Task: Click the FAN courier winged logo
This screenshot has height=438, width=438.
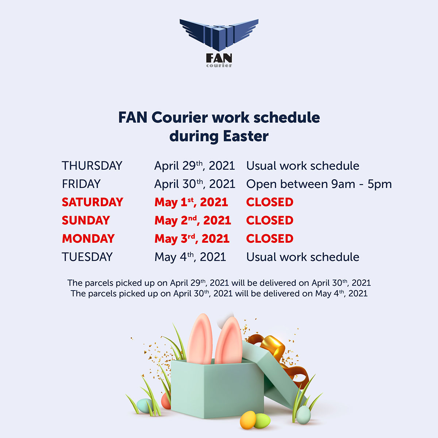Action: point(219,43)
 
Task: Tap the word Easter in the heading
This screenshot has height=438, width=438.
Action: point(246,136)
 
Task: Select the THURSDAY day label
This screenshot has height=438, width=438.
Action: point(92,165)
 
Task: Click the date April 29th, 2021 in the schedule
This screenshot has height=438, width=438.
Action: point(195,166)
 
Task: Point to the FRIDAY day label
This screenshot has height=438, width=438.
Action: point(81,184)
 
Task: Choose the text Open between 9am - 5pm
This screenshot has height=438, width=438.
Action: point(319,184)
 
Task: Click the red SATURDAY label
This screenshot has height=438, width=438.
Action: point(92,202)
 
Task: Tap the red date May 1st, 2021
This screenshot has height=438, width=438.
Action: point(191,202)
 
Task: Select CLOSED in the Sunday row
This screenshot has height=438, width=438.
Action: point(270,220)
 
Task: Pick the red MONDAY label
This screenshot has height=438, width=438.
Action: point(88,238)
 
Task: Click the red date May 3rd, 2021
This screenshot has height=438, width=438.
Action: point(192,239)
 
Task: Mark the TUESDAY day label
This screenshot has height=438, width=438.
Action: point(87,257)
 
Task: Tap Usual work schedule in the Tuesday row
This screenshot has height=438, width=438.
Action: point(303,257)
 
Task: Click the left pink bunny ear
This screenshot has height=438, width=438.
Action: point(200,339)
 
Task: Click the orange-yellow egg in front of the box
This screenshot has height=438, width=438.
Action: point(248,420)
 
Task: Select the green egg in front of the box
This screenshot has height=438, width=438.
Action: point(262,421)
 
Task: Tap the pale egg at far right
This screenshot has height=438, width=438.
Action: point(303,415)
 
